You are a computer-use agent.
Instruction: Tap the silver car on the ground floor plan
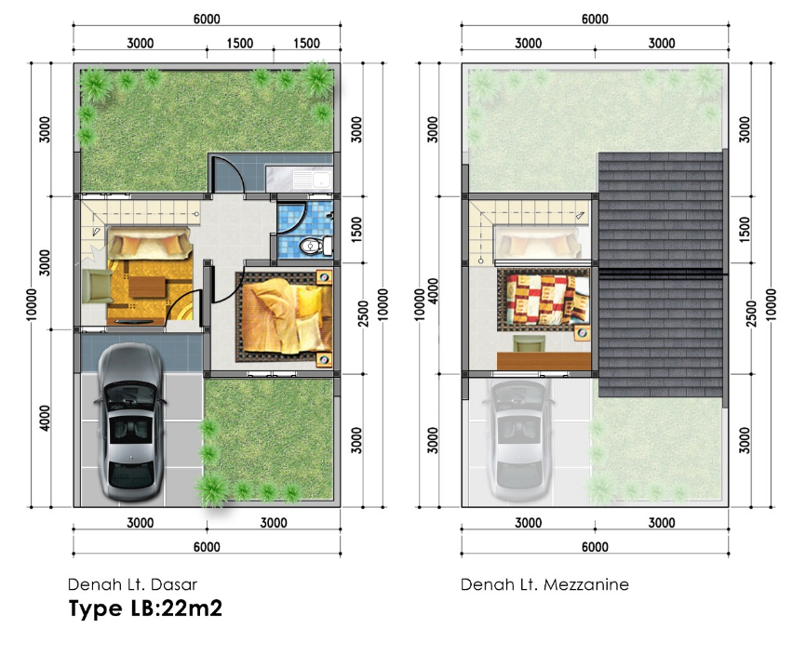(130, 422)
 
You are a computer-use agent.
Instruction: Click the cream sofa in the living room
(149, 246)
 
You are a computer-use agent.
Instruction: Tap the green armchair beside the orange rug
(97, 287)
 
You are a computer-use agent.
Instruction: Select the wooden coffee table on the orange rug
(148, 287)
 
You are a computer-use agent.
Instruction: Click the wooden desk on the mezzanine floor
(544, 361)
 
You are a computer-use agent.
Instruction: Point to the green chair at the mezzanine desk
(529, 343)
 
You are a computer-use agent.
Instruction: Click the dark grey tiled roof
(662, 274)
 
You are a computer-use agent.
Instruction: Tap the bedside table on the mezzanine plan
(583, 332)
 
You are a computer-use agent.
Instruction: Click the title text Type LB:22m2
(145, 609)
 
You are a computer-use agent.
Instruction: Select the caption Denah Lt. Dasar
(132, 584)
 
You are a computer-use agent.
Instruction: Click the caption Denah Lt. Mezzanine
(544, 584)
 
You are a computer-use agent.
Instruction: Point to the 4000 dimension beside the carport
(45, 419)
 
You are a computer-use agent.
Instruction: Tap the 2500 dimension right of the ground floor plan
(363, 314)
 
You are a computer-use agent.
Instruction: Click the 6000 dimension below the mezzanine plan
(595, 547)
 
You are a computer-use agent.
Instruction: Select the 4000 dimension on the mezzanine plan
(434, 291)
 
